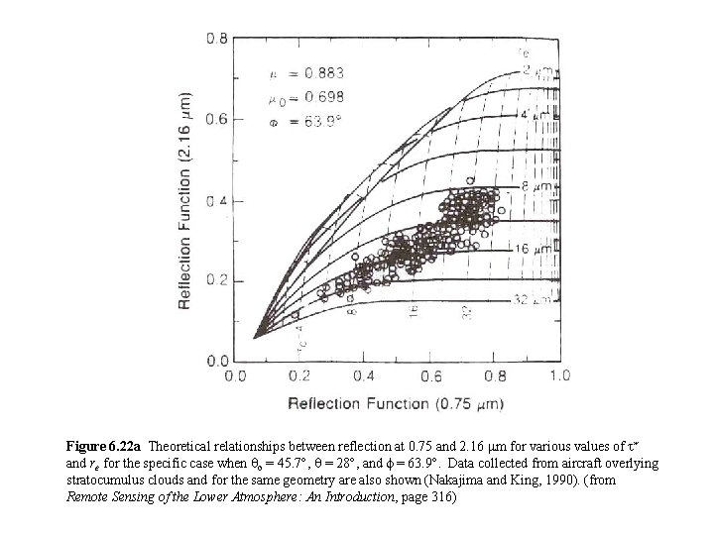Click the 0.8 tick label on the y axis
[x=215, y=39]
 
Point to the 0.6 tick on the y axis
[x=215, y=120]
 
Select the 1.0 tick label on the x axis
[x=559, y=375]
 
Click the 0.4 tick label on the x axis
[x=365, y=375]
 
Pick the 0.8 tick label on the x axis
[x=495, y=375]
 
